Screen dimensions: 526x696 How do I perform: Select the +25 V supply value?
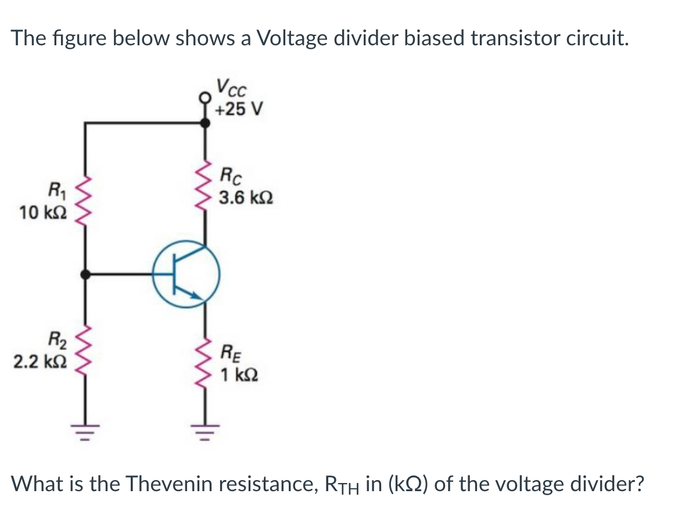[x=239, y=109]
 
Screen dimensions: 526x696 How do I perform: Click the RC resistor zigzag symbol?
[x=204, y=186]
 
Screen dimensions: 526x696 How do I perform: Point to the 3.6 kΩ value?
[x=245, y=199]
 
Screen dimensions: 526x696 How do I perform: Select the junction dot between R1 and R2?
[x=86, y=274]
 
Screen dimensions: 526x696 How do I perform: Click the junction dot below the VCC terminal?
[x=205, y=122]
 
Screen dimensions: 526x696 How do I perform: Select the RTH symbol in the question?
[x=344, y=484]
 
